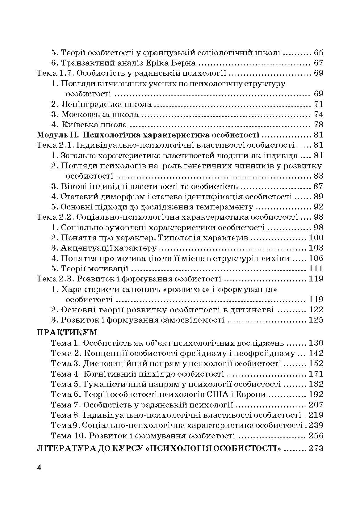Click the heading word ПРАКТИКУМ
tap(67, 332)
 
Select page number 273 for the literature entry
tap(316, 448)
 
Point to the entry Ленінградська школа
tap(106, 104)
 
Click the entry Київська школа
tap(94, 125)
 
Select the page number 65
tap(318, 53)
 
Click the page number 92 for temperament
tap(318, 207)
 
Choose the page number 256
tap(316, 436)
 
